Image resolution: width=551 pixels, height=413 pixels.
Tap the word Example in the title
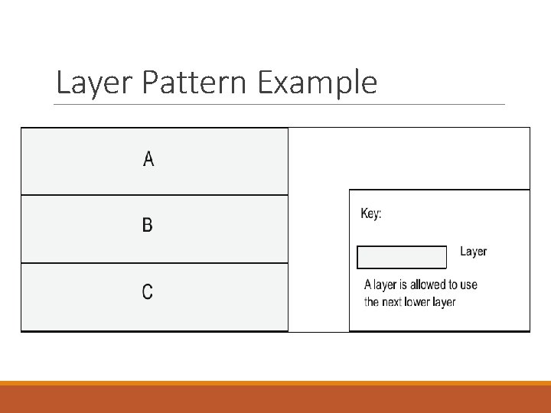click(x=317, y=83)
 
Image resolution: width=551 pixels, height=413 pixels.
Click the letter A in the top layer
click(x=148, y=159)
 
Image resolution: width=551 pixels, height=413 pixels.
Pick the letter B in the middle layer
click(x=148, y=225)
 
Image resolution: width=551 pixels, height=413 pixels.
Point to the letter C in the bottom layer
click(x=148, y=291)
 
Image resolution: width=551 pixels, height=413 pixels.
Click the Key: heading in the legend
click(x=371, y=214)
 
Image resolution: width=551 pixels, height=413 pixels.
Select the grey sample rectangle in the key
click(x=402, y=257)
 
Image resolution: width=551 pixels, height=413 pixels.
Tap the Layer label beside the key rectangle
click(x=473, y=252)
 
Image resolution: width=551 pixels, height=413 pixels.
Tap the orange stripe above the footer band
click(x=275, y=383)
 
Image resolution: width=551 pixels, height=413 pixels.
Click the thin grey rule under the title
click(x=280, y=105)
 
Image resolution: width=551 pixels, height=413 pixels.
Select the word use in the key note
click(x=468, y=285)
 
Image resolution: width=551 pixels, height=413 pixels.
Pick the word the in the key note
click(x=372, y=301)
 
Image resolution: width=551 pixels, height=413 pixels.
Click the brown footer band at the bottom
click(x=275, y=399)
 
